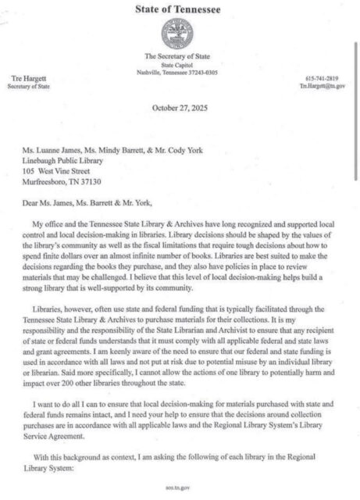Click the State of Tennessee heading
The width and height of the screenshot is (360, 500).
click(x=180, y=9)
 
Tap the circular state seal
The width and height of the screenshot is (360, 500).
click(x=179, y=35)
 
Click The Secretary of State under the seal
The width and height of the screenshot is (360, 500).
click(x=179, y=56)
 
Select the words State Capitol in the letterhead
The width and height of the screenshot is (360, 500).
click(x=179, y=64)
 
